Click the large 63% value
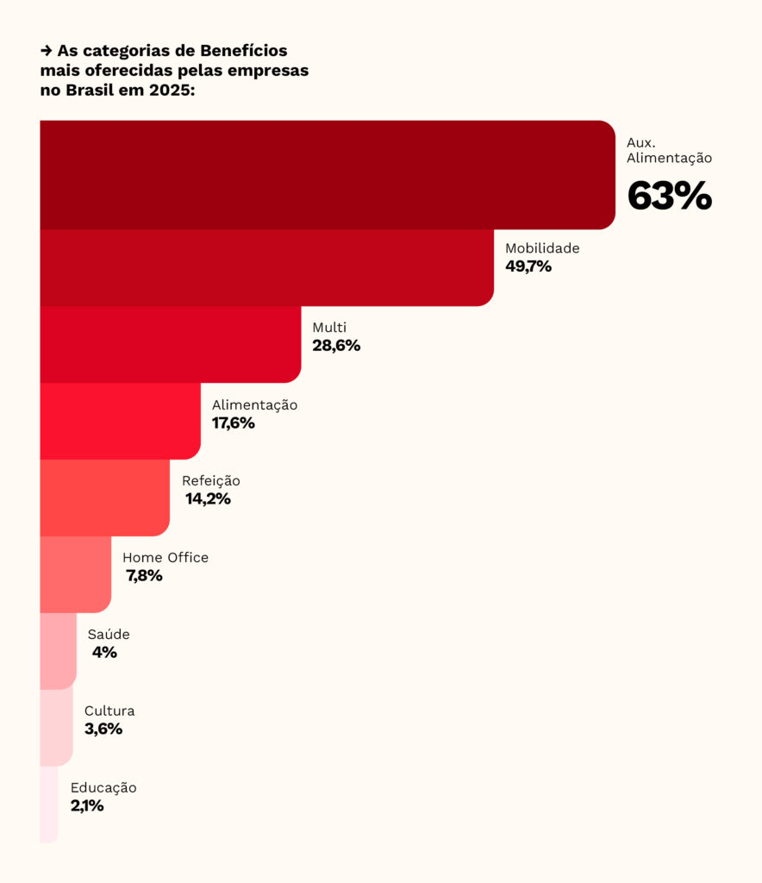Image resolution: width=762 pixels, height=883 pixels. click(x=669, y=197)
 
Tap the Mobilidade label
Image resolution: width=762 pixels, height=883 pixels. click(x=542, y=248)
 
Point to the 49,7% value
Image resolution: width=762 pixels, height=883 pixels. click(x=528, y=266)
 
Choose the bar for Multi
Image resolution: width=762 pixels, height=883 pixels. click(x=170, y=344)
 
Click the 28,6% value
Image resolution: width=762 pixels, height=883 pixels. click(x=336, y=346)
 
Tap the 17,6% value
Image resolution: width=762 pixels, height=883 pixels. click(x=234, y=423)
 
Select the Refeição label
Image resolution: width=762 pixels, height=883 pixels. click(x=211, y=481)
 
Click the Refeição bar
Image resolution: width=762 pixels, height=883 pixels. click(x=104, y=498)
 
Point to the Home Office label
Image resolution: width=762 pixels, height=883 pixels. click(x=166, y=558)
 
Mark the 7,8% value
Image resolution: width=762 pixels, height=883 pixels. click(x=145, y=576)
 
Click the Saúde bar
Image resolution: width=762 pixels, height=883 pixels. click(x=58, y=651)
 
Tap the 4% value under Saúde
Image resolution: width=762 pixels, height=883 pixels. click(x=104, y=653)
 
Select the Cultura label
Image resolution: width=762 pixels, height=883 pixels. click(x=109, y=711)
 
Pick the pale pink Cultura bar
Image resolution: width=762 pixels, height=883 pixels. click(x=56, y=727)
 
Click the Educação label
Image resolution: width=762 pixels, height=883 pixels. click(x=103, y=788)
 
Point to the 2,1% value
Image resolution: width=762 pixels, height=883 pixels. click(x=87, y=806)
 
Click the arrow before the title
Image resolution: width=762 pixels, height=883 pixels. click(x=47, y=51)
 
